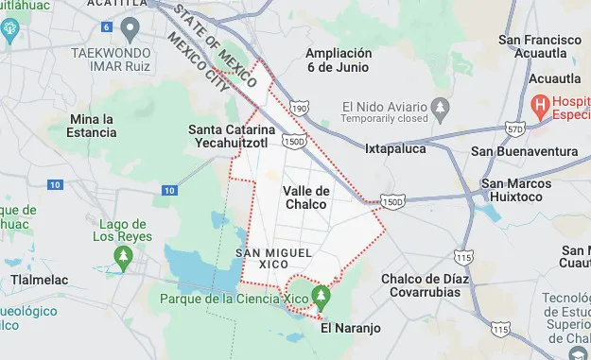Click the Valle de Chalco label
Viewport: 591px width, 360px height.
[x=305, y=197]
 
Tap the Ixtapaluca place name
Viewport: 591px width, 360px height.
[x=395, y=148]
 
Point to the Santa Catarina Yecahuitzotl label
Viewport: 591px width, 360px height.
[x=231, y=135]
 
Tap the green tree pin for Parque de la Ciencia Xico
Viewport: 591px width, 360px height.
[x=322, y=296]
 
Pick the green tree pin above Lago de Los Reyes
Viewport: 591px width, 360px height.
[x=123, y=255]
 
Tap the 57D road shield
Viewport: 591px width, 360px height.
[x=515, y=127]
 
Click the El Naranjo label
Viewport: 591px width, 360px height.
[x=350, y=329]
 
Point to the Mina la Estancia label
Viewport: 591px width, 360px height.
[x=93, y=126]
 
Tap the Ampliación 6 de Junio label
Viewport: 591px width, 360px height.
[x=338, y=60]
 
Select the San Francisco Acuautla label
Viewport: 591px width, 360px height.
[x=539, y=47]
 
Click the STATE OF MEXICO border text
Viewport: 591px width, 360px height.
[x=213, y=41]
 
